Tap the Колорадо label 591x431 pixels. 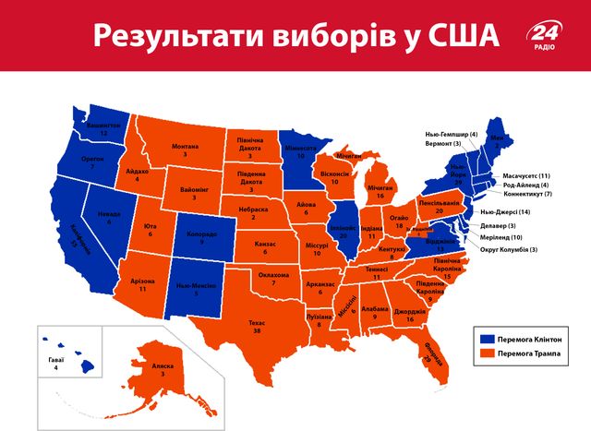point(201,234)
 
